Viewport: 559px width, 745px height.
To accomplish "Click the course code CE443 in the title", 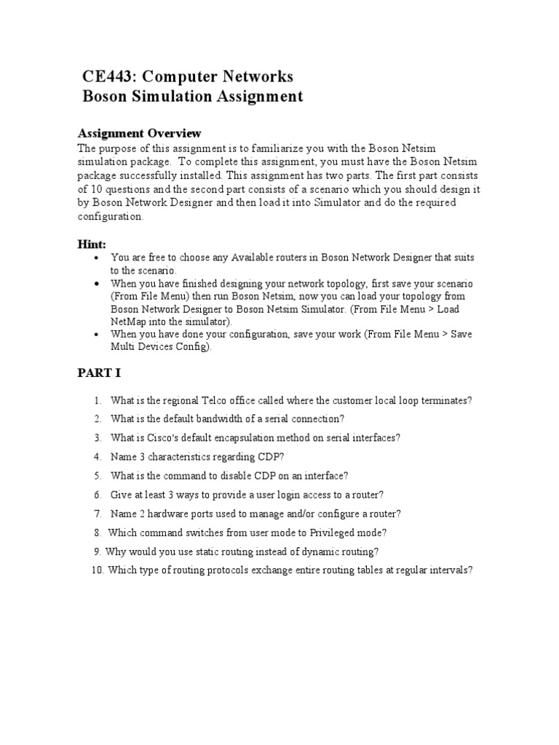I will [x=111, y=76].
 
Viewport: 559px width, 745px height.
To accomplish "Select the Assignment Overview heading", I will [x=139, y=133].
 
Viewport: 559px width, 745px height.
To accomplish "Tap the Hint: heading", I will [x=92, y=244].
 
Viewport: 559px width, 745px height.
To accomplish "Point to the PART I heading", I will [x=100, y=373].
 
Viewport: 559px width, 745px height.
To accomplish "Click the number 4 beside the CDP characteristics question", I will [x=96, y=457].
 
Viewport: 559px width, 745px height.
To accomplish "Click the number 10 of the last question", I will [x=98, y=570].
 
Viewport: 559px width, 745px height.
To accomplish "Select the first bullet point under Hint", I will [x=96, y=258].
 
